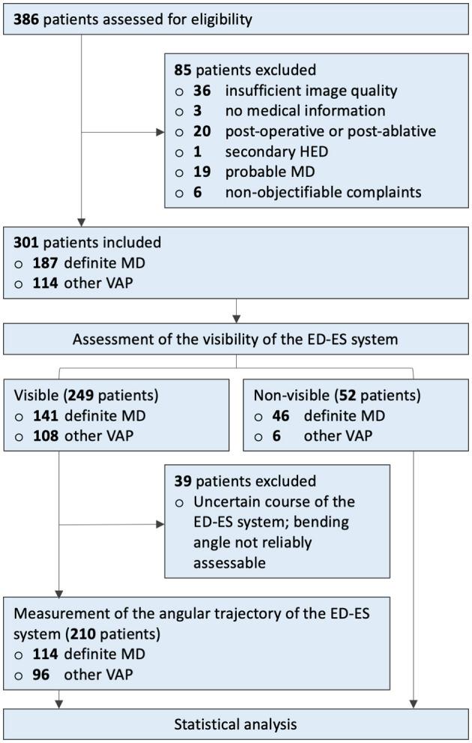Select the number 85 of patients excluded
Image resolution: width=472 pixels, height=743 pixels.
point(182,71)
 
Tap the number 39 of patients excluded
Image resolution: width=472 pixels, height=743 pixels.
point(182,481)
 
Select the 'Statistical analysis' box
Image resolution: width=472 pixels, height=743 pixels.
point(235,724)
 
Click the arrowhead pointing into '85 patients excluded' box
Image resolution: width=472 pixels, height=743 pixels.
point(160,133)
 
